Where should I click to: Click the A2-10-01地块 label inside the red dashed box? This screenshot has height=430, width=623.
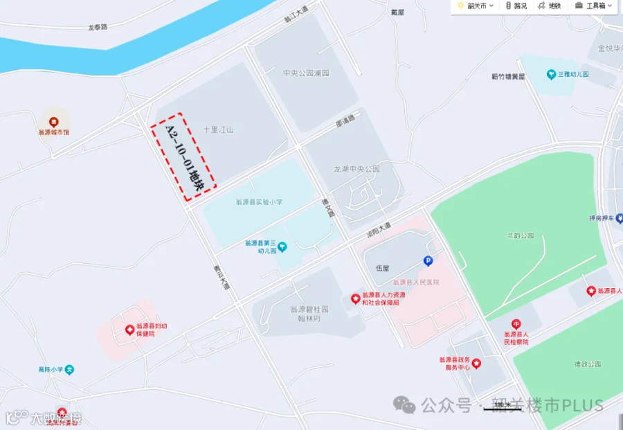(183, 156)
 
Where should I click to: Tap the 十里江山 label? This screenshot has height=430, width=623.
(219, 129)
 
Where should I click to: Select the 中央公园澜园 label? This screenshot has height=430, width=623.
(305, 73)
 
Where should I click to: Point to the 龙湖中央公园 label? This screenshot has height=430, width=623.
(356, 168)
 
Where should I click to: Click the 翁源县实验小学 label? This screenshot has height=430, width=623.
(259, 202)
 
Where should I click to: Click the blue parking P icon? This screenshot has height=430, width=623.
(428, 261)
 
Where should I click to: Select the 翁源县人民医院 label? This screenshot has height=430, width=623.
(416, 282)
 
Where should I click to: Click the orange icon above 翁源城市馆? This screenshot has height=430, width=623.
(53, 119)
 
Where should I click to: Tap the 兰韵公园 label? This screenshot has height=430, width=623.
(520, 235)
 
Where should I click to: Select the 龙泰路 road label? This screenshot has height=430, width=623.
(98, 28)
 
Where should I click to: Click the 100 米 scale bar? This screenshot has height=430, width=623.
(503, 407)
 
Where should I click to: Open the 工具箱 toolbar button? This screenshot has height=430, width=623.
(590, 6)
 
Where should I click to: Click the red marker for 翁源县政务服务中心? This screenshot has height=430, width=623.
(476, 364)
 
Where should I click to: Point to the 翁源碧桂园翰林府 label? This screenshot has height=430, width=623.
(309, 314)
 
